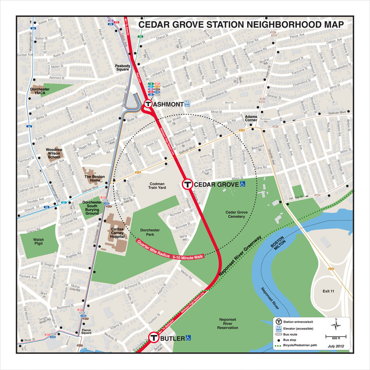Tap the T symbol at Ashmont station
point(148,104)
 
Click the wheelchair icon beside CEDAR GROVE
point(243,184)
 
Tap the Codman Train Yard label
point(158,185)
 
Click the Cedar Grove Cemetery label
point(235,214)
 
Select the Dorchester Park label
point(150,232)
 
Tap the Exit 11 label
point(328,291)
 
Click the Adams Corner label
point(251,118)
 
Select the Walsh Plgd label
point(38,242)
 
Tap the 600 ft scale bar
point(336,337)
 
